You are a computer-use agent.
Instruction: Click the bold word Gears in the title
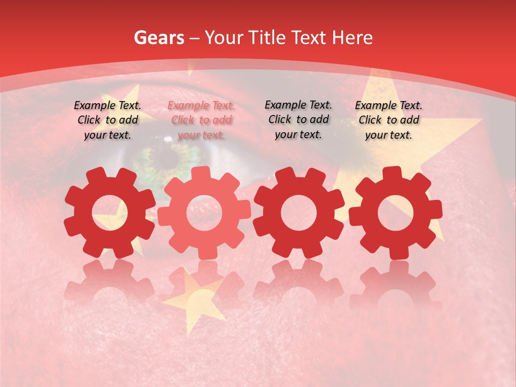159,38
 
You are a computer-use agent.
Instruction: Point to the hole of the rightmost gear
395,213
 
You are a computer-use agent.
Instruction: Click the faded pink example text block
201,120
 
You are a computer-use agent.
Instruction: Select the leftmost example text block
107,120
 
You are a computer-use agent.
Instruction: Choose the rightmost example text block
389,120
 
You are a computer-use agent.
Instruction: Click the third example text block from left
298,119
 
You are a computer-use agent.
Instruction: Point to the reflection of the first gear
110,282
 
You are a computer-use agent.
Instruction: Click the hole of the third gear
298,213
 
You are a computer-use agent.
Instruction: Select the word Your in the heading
224,38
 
